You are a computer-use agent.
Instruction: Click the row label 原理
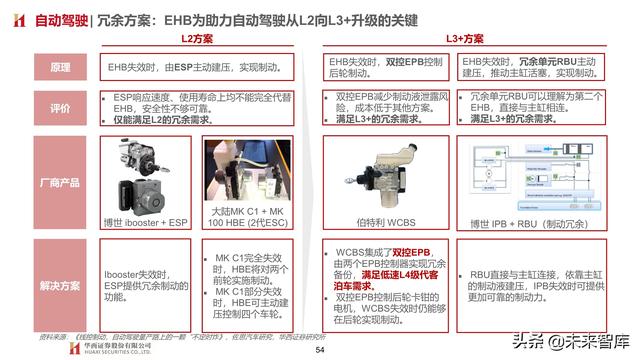61,68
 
